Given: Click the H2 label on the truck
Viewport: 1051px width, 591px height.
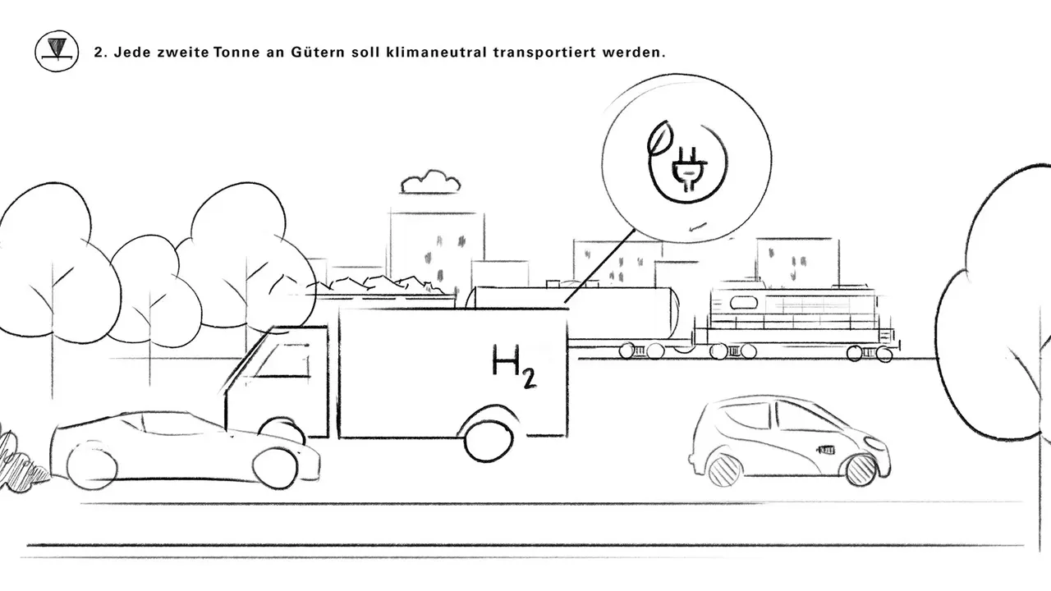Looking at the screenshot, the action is click(x=514, y=366).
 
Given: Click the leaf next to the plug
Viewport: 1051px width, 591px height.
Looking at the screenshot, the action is click(x=659, y=138).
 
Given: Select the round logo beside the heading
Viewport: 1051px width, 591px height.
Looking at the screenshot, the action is click(x=57, y=51).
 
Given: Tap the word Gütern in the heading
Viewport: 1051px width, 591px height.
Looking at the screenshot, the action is click(x=318, y=52).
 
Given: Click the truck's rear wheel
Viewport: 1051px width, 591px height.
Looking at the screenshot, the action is click(x=489, y=438).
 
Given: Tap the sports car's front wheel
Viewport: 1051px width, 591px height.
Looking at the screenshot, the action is click(x=275, y=468).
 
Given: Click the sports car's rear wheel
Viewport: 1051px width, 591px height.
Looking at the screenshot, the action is click(x=92, y=465).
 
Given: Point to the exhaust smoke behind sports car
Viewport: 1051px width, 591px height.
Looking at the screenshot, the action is click(x=21, y=461).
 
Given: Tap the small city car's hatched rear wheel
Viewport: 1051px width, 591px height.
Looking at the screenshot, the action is click(x=724, y=471).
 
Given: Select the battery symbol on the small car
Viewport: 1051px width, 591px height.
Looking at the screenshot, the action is click(x=827, y=451).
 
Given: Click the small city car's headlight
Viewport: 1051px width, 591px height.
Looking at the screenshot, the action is click(x=873, y=442).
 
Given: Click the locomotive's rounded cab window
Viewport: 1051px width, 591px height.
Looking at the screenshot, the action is click(x=740, y=303).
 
